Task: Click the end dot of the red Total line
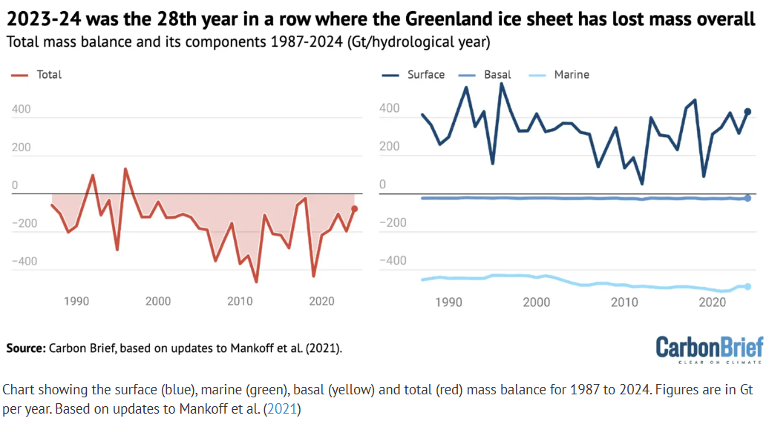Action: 355,209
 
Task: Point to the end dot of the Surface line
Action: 747,112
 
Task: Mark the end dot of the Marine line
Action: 747,287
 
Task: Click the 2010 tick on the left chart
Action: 240,301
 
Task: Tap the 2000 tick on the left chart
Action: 158,301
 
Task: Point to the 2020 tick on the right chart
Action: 713,302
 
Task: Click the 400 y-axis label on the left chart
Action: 21,110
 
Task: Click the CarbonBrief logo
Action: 709,348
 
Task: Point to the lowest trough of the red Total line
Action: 256,282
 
